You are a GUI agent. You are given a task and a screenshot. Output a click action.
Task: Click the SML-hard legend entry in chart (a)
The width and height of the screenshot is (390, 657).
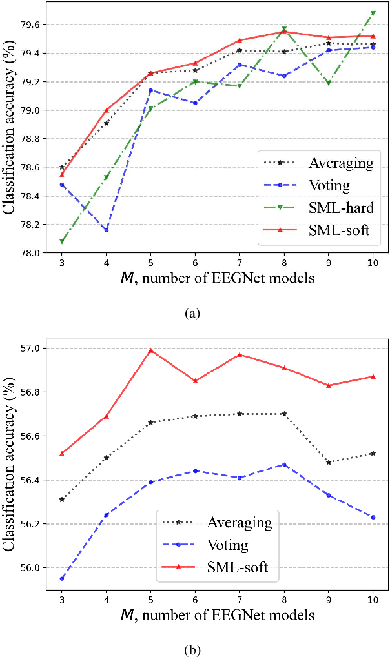tap(341, 207)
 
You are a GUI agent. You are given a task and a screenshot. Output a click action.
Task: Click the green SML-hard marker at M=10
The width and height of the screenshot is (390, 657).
tap(373, 13)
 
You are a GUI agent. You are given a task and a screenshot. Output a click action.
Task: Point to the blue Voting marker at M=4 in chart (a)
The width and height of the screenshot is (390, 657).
tap(106, 230)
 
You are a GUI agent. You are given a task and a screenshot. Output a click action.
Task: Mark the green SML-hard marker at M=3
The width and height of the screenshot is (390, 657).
tap(61, 241)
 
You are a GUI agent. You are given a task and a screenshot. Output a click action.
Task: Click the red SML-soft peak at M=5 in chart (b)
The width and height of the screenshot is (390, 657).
tap(150, 350)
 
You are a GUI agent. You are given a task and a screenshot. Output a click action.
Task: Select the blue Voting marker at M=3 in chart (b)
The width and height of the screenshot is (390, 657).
tap(61, 578)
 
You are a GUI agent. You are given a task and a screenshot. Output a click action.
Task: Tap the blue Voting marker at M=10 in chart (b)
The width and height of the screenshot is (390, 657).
tap(373, 517)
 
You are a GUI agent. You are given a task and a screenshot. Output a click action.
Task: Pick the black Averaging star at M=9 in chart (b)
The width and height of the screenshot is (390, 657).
tap(329, 462)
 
